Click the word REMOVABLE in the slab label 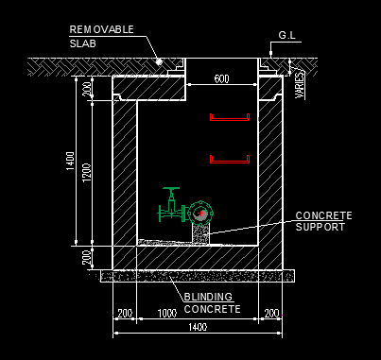point(100,29)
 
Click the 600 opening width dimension point(221,79)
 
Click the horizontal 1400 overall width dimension point(197,327)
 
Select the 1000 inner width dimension point(167,313)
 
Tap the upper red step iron point(228,118)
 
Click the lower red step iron point(228,160)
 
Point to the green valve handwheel point(171,192)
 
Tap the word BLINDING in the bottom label point(207,297)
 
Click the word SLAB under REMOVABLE point(83,43)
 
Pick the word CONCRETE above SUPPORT point(323,215)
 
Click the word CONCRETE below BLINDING point(212,309)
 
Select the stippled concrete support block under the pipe point(200,231)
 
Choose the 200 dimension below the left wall point(124,313)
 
